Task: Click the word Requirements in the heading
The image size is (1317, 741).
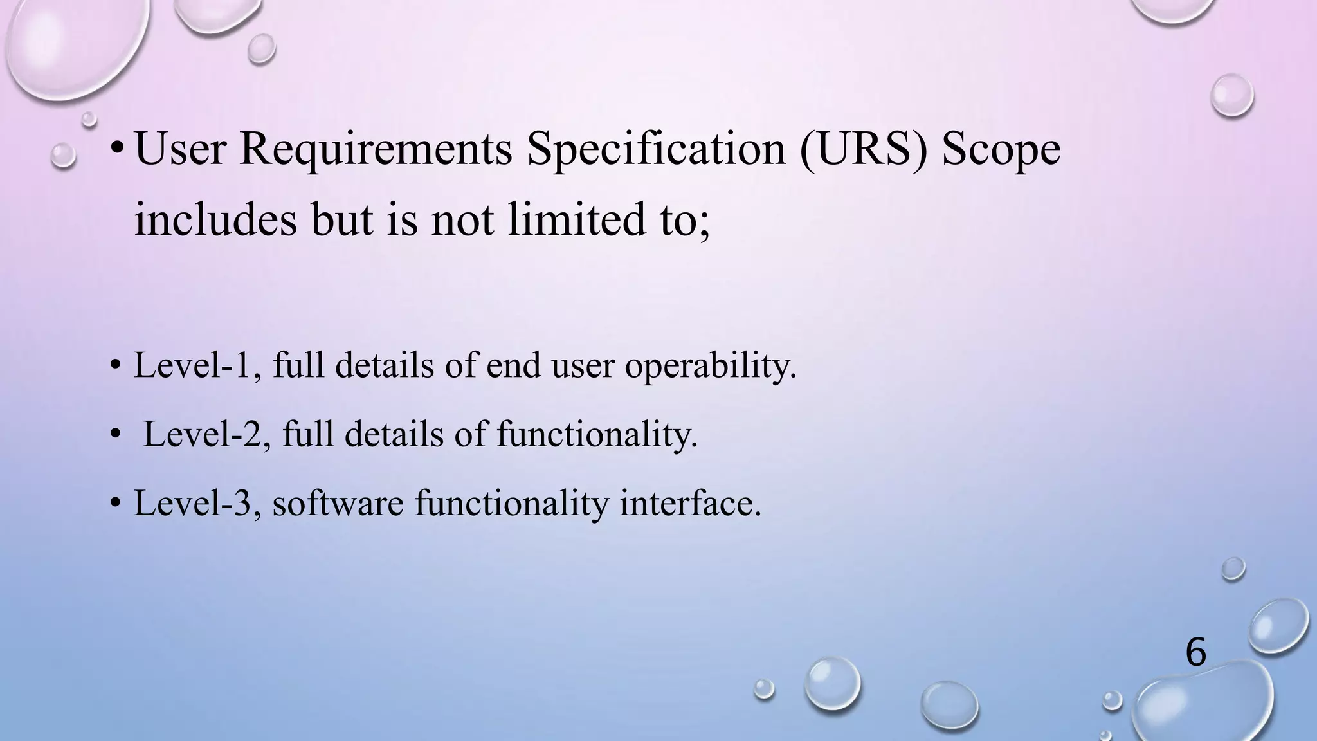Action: (x=376, y=149)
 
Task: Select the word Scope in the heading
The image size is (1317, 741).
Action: (x=1001, y=149)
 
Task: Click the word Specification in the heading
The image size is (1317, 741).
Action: (x=656, y=149)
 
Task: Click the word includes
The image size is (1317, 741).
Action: (x=215, y=219)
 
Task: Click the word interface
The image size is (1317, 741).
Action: (x=690, y=503)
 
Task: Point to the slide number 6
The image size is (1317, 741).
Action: (x=1195, y=652)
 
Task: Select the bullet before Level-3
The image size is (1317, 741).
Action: (x=115, y=503)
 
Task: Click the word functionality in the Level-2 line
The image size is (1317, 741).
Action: (x=597, y=434)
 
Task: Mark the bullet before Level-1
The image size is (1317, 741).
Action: (x=115, y=365)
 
